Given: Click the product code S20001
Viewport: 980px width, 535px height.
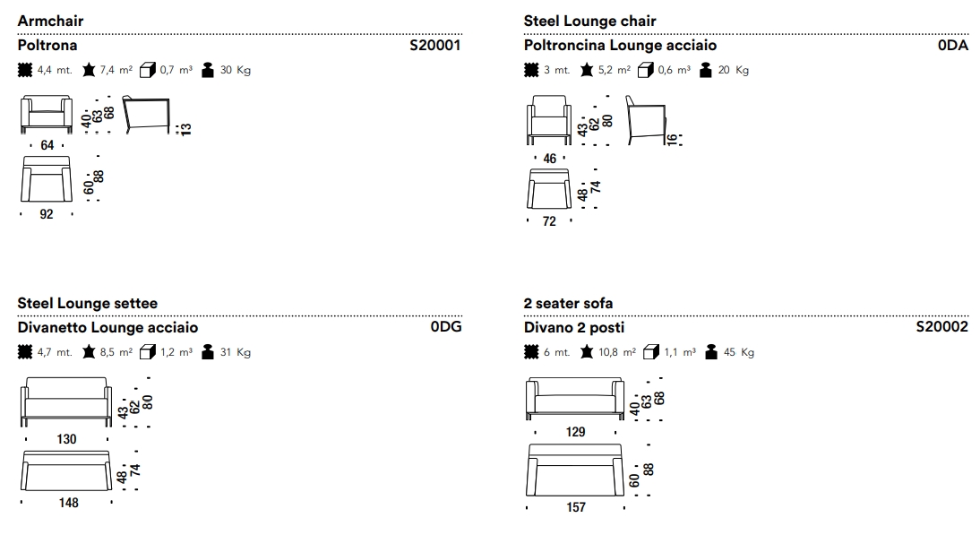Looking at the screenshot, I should coord(434,45).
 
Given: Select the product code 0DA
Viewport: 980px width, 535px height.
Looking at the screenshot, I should coord(953,45).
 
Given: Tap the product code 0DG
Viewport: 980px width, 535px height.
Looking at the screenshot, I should coord(446,327).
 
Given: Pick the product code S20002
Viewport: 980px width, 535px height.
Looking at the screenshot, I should coord(942,327).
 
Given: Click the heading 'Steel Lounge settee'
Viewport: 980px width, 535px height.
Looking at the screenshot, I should coord(88,304).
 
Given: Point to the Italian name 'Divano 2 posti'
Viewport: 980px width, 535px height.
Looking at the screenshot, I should coord(574,327).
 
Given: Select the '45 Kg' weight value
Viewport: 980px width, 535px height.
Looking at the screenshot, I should coord(739,352).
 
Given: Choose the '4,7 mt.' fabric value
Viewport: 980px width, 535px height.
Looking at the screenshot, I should coord(55,352).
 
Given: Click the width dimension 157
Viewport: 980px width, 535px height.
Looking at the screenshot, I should coord(576,507).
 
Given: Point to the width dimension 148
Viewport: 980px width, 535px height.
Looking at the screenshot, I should coord(68,503).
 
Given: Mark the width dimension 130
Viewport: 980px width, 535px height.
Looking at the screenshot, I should coord(67,439).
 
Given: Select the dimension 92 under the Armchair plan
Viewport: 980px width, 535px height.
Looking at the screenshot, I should coord(47,214).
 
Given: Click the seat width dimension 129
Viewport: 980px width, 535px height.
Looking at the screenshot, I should coord(575,432).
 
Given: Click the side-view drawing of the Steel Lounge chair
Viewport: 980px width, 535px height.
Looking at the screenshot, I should coord(645,118).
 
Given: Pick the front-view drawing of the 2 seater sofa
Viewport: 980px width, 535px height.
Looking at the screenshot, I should coord(574,399).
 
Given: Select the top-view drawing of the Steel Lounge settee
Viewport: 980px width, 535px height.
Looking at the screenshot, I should coord(67,471).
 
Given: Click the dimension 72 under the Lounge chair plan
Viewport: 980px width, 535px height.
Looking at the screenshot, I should coord(549,221).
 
